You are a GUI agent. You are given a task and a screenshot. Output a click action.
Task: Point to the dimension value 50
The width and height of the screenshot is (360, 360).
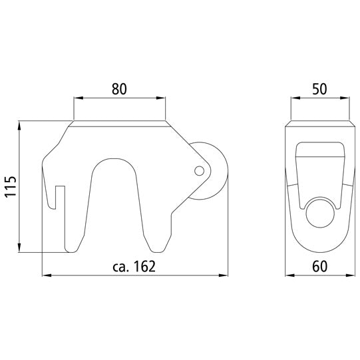click(319, 87)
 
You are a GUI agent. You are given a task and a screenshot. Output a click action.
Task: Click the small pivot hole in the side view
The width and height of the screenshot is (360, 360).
click(199, 171)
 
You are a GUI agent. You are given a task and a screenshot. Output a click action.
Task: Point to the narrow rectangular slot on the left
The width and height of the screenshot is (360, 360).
click(59, 216)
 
